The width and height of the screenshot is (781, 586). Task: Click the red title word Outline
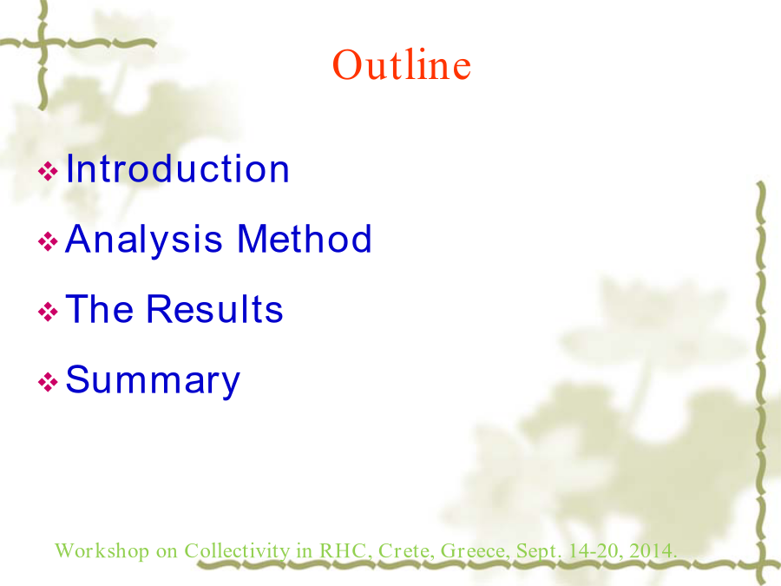tap(402, 65)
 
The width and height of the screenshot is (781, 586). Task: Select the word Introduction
tap(177, 168)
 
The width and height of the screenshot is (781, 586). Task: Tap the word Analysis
tap(143, 240)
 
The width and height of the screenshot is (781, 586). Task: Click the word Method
tap(305, 238)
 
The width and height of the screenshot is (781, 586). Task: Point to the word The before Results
tap(100, 308)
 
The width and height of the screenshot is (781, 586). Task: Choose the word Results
tap(214, 308)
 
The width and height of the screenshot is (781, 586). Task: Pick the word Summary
tap(153, 381)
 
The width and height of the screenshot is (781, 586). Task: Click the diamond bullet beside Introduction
tap(48, 171)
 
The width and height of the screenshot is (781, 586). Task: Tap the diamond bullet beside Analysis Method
tap(48, 241)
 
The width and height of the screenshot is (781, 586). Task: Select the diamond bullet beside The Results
tap(48, 312)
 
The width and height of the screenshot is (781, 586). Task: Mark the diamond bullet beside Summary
tap(48, 382)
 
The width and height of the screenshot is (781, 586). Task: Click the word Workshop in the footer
tap(102, 551)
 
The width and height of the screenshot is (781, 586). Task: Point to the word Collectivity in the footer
tap(237, 551)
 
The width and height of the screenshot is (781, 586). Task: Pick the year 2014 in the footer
tap(653, 550)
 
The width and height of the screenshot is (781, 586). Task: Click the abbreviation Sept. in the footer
tap(539, 551)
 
